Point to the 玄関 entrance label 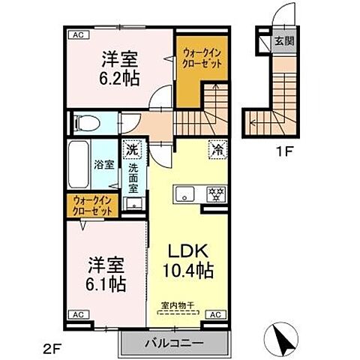(x=277, y=40)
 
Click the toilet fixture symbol (x=87, y=121)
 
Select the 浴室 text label (x=104, y=163)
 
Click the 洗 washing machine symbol (x=131, y=150)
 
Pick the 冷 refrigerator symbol (x=216, y=149)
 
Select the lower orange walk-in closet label (x=94, y=205)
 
